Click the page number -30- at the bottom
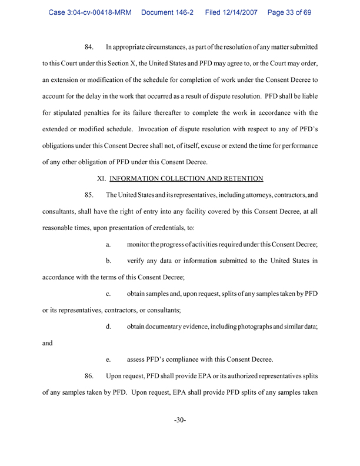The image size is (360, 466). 180,421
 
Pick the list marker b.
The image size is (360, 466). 109,244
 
